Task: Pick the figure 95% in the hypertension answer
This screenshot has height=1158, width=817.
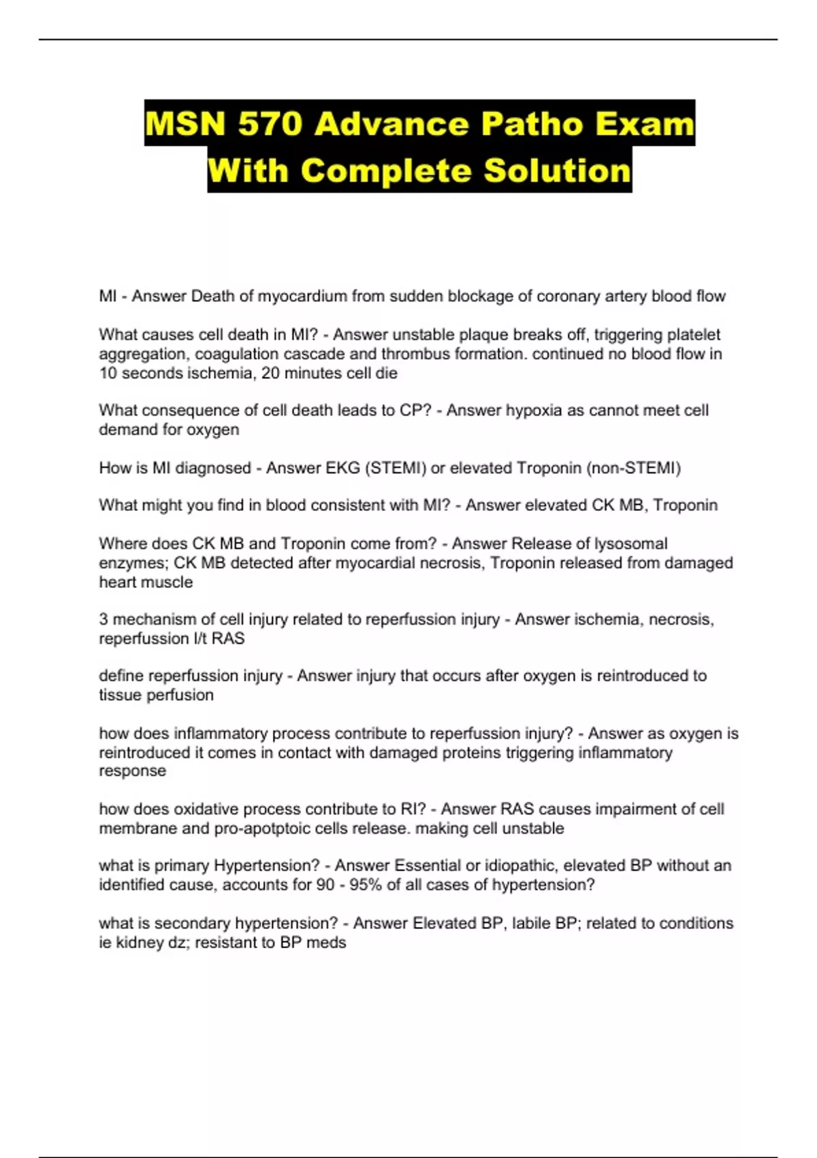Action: point(365,884)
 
